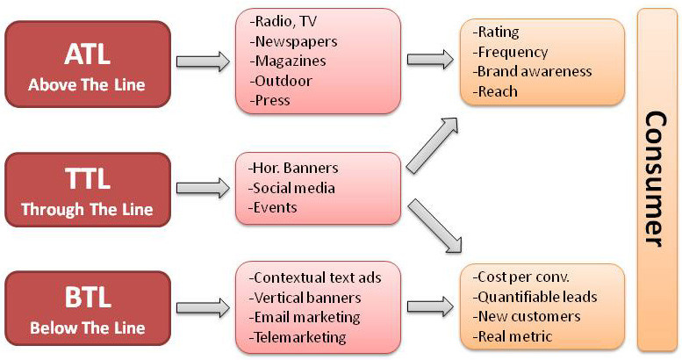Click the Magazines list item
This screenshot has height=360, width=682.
point(289,61)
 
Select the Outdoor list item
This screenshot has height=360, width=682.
point(283,81)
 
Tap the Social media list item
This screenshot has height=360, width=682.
point(292,188)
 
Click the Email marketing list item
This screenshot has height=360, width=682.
point(305,317)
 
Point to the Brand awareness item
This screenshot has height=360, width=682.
point(533,71)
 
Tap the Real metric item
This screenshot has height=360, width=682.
point(514,336)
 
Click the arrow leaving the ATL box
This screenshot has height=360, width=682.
point(200,61)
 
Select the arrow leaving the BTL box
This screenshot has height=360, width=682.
point(200,307)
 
